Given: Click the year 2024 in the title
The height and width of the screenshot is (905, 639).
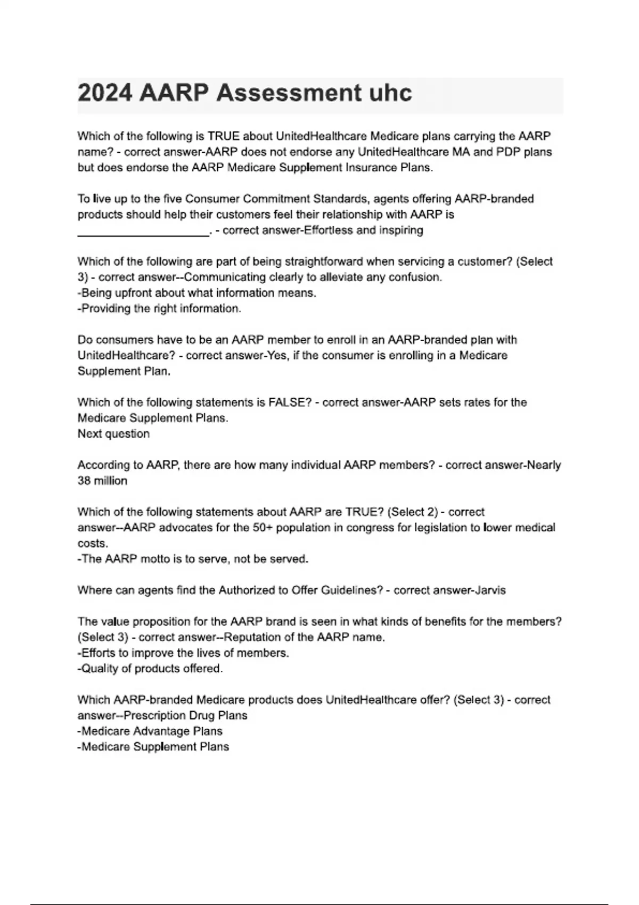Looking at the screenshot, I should point(105,93).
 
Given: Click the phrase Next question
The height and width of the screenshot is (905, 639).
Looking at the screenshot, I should point(113,434).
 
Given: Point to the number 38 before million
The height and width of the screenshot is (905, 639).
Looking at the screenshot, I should point(84,481).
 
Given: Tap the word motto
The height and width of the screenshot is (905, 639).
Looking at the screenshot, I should point(157,559).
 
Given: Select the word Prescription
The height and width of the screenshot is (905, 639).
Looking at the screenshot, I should point(155,715).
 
